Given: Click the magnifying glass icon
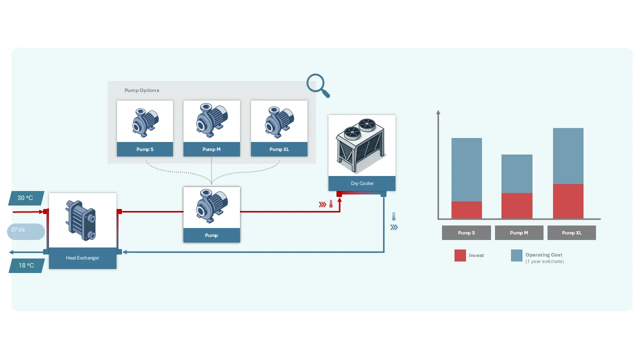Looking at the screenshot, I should tap(317, 84).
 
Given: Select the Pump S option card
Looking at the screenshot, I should tap(145, 128).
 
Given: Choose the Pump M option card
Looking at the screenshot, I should tap(211, 128).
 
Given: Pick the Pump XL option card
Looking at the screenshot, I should tap(279, 128).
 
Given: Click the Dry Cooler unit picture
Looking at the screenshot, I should tap(362, 145).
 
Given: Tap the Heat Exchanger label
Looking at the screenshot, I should tap(82, 258).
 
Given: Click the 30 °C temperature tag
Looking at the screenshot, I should tap(26, 198).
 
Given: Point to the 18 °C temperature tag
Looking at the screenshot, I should tap(26, 265).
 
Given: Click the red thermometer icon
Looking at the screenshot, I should tap(331, 204).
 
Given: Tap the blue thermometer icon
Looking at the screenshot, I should tap(394, 217).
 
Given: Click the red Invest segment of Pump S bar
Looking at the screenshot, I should tap(466, 210).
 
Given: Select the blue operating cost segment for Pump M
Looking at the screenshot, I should tap(516, 173).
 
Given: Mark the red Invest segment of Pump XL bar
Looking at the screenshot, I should tap(568, 201).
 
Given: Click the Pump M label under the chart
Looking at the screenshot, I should tap(519, 233).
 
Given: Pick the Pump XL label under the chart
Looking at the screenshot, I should tap(571, 233).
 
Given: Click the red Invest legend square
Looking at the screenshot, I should tap(460, 255).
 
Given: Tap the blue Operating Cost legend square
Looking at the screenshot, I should tap(516, 255).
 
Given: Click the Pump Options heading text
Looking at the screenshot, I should tap(142, 90).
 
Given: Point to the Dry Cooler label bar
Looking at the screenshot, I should tap(362, 183).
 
